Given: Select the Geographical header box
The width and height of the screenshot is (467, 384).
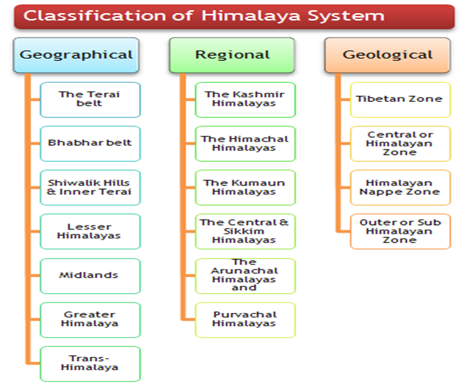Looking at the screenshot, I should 76,55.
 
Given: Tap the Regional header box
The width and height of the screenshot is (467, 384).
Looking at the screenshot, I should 232,55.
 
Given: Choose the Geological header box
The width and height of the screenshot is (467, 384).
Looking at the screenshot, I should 388,55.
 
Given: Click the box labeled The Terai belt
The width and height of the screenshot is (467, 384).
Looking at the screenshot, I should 90,99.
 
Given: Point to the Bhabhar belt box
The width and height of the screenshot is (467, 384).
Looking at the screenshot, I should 90,143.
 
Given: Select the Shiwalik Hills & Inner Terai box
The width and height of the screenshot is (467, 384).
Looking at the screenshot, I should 90,187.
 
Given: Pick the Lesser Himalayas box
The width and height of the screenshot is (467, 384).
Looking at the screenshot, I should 90,231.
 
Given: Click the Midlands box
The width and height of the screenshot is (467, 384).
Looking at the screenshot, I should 90,275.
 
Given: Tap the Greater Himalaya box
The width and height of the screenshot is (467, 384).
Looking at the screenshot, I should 90,319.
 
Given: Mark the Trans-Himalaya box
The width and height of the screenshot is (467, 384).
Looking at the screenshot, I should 90,363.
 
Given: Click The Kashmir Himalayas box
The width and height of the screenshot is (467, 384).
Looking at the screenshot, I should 245,99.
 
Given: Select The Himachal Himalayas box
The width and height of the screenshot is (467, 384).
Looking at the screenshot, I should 245,143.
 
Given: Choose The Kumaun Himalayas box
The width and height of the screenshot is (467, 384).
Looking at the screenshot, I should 245,187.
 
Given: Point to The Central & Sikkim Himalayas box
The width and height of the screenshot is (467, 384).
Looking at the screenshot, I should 245,231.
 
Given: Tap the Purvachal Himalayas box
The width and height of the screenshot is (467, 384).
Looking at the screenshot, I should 245,319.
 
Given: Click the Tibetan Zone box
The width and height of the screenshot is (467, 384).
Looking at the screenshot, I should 400,99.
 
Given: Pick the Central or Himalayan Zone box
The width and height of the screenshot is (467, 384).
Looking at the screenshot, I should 400,143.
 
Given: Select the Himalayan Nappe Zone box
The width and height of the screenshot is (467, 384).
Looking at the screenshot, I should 400,187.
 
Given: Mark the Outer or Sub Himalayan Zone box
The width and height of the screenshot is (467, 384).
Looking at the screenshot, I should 400,231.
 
